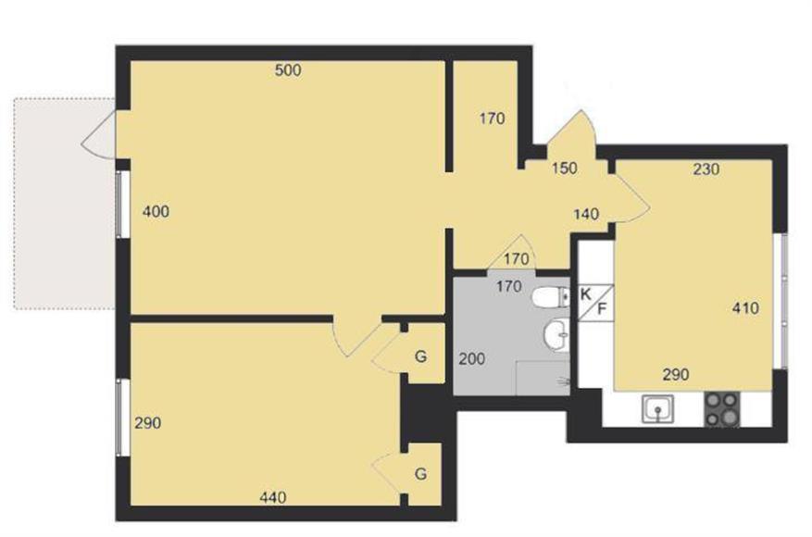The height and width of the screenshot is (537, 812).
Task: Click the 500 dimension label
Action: pos(288,70)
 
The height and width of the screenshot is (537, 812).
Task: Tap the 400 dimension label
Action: pos(156,211)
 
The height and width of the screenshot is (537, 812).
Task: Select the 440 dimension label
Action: pos(273,497)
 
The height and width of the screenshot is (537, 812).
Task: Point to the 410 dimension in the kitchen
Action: pos(745,308)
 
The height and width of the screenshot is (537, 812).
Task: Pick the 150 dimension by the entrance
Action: pos(565,169)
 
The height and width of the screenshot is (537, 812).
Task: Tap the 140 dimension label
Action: pos(586,214)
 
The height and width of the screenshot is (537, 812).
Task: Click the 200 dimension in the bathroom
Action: pos(472,358)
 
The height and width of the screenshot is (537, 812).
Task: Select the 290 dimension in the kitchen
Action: pos(676,374)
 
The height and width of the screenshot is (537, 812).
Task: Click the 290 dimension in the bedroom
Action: pos(147,423)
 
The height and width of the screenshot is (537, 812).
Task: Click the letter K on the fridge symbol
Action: pos(586,294)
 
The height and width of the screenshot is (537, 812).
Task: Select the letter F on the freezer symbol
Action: pos(602,309)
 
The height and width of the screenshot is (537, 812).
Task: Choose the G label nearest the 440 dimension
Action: pos(421,474)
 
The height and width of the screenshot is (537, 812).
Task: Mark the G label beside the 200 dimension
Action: pos(421,356)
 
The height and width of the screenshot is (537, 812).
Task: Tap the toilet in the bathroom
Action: pos(551,297)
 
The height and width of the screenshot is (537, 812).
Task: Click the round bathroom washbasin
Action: pos(556,334)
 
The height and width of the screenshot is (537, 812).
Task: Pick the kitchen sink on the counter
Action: pos(657,408)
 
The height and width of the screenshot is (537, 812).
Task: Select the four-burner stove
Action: pos(722,409)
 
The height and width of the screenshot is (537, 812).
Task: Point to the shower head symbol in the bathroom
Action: pos(564,382)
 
